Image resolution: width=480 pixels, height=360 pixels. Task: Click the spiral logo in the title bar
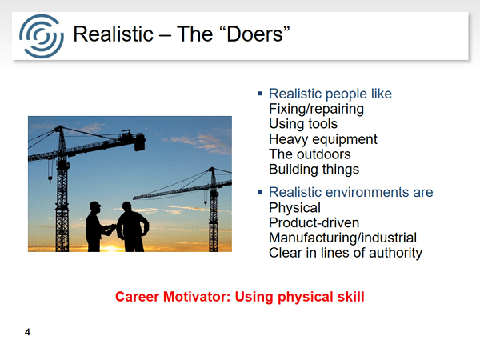pyautogui.click(x=42, y=36)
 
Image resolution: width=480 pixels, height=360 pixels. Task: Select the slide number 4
pyautogui.click(x=27, y=332)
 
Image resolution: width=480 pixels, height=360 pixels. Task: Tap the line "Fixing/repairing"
pyautogui.click(x=316, y=109)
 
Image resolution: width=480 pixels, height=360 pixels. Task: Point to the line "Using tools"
pyautogui.click(x=303, y=124)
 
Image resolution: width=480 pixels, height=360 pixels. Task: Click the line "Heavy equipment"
pyautogui.click(x=323, y=139)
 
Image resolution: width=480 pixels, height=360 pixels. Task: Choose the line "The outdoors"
pyautogui.click(x=310, y=154)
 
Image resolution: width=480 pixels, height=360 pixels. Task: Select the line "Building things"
pyautogui.click(x=314, y=170)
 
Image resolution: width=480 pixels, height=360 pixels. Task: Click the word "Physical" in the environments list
pyautogui.click(x=294, y=208)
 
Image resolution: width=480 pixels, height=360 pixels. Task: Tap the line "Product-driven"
pyautogui.click(x=314, y=223)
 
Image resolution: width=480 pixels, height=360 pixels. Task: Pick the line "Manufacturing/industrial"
pyautogui.click(x=342, y=238)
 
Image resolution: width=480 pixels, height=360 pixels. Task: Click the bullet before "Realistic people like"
pyautogui.click(x=260, y=94)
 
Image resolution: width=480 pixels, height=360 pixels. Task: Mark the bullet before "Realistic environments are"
pyautogui.click(x=260, y=192)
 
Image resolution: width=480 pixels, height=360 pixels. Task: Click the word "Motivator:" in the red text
pyautogui.click(x=197, y=297)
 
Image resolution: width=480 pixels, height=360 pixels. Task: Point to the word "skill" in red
pyautogui.click(x=351, y=297)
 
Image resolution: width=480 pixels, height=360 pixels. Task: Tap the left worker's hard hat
pyautogui.click(x=95, y=205)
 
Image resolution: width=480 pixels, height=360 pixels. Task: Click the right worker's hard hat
pyautogui.click(x=126, y=205)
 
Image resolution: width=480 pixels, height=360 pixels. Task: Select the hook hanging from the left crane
pyautogui.click(x=50, y=178)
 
